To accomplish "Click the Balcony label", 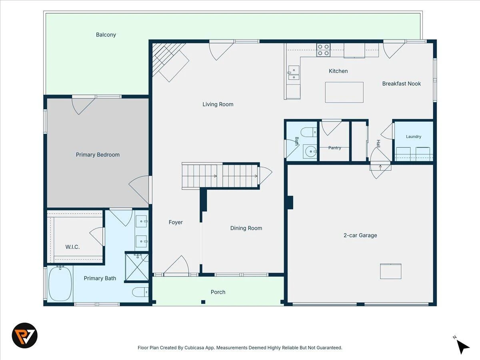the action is [106, 35].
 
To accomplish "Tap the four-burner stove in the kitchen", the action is [324, 50].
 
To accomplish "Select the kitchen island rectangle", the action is [344, 92].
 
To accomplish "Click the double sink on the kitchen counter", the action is [293, 72].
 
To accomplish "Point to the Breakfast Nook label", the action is [402, 84].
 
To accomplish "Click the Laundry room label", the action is [414, 137].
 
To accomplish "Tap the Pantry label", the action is [334, 148].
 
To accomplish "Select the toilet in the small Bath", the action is [308, 132].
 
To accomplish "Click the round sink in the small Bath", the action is [310, 151].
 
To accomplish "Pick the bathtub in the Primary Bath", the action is [60, 284].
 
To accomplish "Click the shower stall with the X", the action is [137, 267].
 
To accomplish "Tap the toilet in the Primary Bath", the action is [140, 292].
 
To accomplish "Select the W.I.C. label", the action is [72, 247].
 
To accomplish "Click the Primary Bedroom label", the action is [98, 155].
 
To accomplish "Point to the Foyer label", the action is [176, 222].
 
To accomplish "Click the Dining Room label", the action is [246, 228].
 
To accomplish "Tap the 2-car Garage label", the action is [360, 236].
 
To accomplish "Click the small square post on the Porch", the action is [203, 302].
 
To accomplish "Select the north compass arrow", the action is [463, 346].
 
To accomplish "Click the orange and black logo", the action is [25, 336].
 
